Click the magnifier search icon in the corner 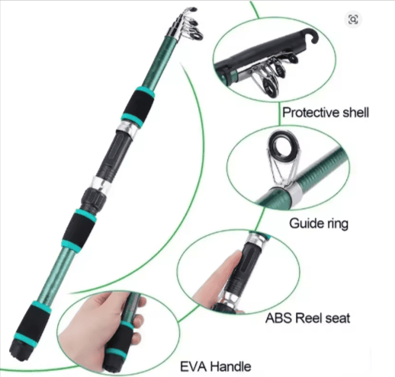(x=353, y=19)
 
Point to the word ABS (x=278, y=318)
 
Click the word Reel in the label (x=308, y=318)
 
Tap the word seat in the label (x=337, y=318)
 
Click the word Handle (x=231, y=366)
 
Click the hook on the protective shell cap (x=312, y=36)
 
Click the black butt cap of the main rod (x=20, y=350)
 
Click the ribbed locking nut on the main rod (x=94, y=199)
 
